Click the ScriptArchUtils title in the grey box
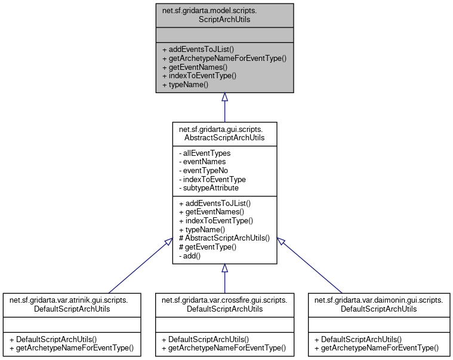pyautogui.click(x=224, y=14)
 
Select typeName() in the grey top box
pyautogui.click(x=185, y=85)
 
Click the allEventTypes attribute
pyautogui.click(x=204, y=153)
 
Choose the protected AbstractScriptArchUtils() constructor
pyautogui.click(x=224, y=238)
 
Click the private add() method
pyautogui.click(x=189, y=256)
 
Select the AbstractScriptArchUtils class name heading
pyautogui.click(x=224, y=132)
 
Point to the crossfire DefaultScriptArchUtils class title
pyautogui.click(x=224, y=304)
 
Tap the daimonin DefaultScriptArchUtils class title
pyautogui.click(x=378, y=304)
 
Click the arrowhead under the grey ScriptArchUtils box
pyautogui.click(x=224, y=97)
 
